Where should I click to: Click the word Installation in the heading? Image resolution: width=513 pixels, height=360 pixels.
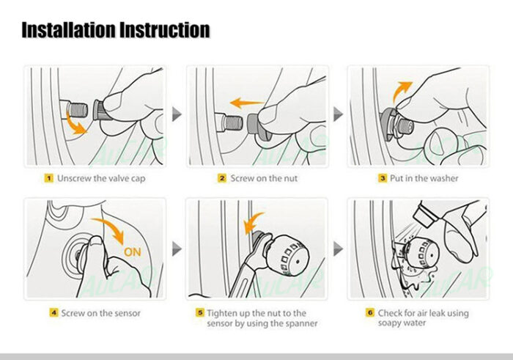[x=69, y=30]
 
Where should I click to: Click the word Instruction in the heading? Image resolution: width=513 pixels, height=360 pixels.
[x=165, y=30]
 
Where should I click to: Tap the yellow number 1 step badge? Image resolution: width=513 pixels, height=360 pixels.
[x=49, y=178]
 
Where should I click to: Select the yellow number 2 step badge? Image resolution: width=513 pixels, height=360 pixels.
[x=222, y=178]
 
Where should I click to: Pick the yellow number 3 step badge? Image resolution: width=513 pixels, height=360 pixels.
[x=383, y=178]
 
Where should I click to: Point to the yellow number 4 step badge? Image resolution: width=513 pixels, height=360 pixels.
[x=53, y=312]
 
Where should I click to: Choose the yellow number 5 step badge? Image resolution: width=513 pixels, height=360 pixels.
[x=200, y=312]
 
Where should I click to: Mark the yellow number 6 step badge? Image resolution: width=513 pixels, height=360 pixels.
[x=370, y=312]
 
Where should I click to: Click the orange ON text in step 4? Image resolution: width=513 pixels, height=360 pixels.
[x=133, y=252]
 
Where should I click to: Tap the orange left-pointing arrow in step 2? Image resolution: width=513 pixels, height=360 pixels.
[x=246, y=103]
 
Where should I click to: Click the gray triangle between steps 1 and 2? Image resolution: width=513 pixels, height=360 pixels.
[x=177, y=114]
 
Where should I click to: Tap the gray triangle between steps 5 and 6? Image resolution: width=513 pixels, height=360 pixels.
[x=338, y=249]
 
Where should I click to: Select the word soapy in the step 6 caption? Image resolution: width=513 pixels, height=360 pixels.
[x=390, y=323]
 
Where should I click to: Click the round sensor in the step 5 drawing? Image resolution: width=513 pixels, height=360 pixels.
[x=287, y=255]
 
